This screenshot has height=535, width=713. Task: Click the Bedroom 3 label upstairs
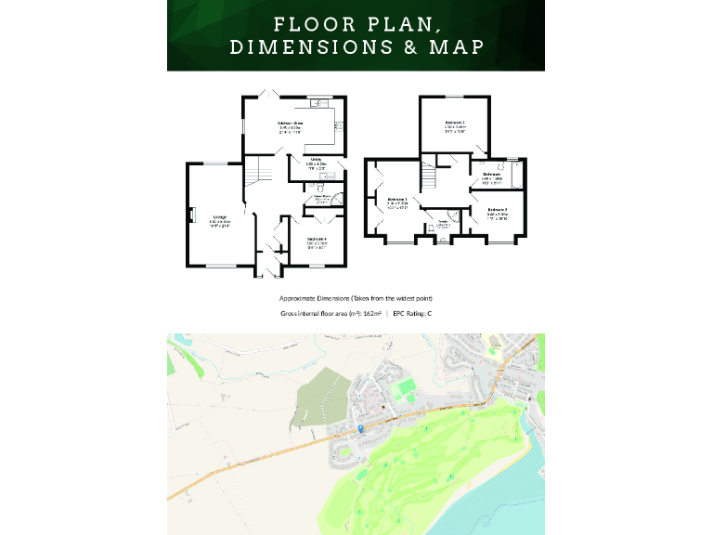[454, 123]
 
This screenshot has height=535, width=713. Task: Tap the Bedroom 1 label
[396, 199]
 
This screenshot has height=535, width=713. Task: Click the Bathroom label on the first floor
[491, 174]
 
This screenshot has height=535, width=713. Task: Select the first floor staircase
[428, 174]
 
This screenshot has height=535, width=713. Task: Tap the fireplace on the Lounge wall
[191, 215]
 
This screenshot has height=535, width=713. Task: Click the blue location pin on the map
[360, 428]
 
